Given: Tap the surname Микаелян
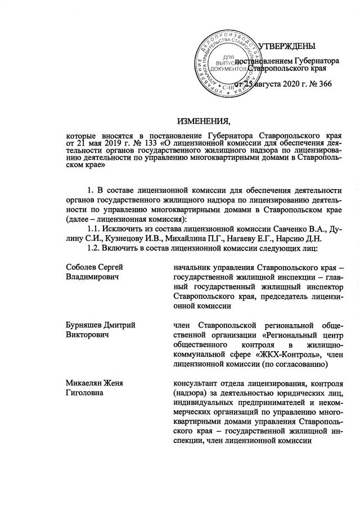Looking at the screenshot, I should [82, 384].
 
